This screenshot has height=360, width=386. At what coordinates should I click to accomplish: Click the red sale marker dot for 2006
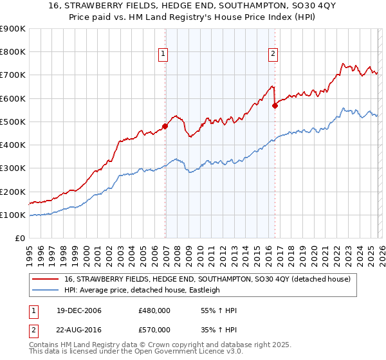point(165,127)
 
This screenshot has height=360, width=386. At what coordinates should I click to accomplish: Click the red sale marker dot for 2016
point(275,106)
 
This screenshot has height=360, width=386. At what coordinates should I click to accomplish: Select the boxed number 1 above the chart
point(164,54)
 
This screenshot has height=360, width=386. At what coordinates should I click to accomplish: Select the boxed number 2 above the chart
point(273,54)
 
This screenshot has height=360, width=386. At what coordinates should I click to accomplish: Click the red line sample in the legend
point(46,280)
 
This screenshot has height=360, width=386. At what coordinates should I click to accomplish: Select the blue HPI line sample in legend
point(46,291)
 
